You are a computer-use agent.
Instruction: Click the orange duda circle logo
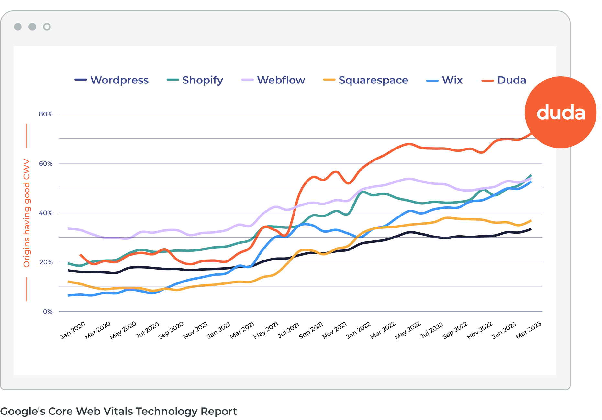click(x=561, y=112)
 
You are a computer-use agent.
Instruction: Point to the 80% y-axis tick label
click(x=46, y=114)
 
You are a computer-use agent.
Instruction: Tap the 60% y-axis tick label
click(x=46, y=163)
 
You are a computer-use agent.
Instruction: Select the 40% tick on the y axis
click(x=46, y=213)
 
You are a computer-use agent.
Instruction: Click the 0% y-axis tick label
click(x=48, y=312)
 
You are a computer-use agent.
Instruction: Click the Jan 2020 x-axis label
click(x=73, y=330)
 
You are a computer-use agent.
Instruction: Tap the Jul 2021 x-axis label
click(x=289, y=330)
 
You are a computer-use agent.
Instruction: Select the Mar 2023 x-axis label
click(x=529, y=330)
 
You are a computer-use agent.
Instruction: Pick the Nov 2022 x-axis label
click(x=480, y=330)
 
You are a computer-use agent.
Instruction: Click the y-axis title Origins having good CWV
click(x=27, y=213)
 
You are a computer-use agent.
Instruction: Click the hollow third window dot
click(x=47, y=27)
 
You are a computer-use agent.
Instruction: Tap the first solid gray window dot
click(x=18, y=27)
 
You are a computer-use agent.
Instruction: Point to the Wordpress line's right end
click(x=531, y=229)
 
